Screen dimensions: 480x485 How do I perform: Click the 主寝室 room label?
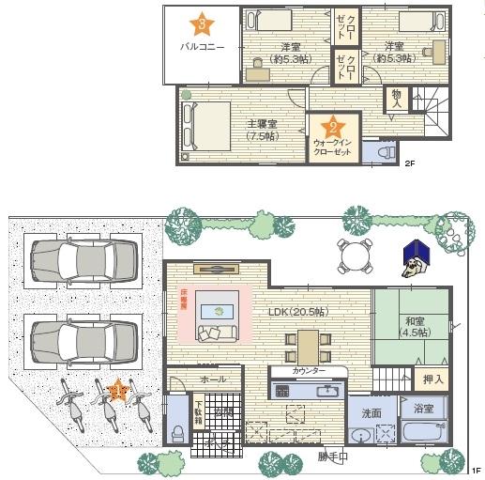[261, 124]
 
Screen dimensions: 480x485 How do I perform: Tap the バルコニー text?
[202, 46]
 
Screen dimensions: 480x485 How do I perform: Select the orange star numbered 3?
[202, 23]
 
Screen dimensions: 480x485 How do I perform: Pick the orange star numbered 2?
[333, 127]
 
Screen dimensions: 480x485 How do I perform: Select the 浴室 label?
[423, 409]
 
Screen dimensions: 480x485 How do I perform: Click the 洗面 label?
[371, 412]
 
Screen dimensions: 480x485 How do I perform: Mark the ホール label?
[213, 379]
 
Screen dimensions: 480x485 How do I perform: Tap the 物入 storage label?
[396, 99]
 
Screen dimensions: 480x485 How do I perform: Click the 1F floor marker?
[477, 469]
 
